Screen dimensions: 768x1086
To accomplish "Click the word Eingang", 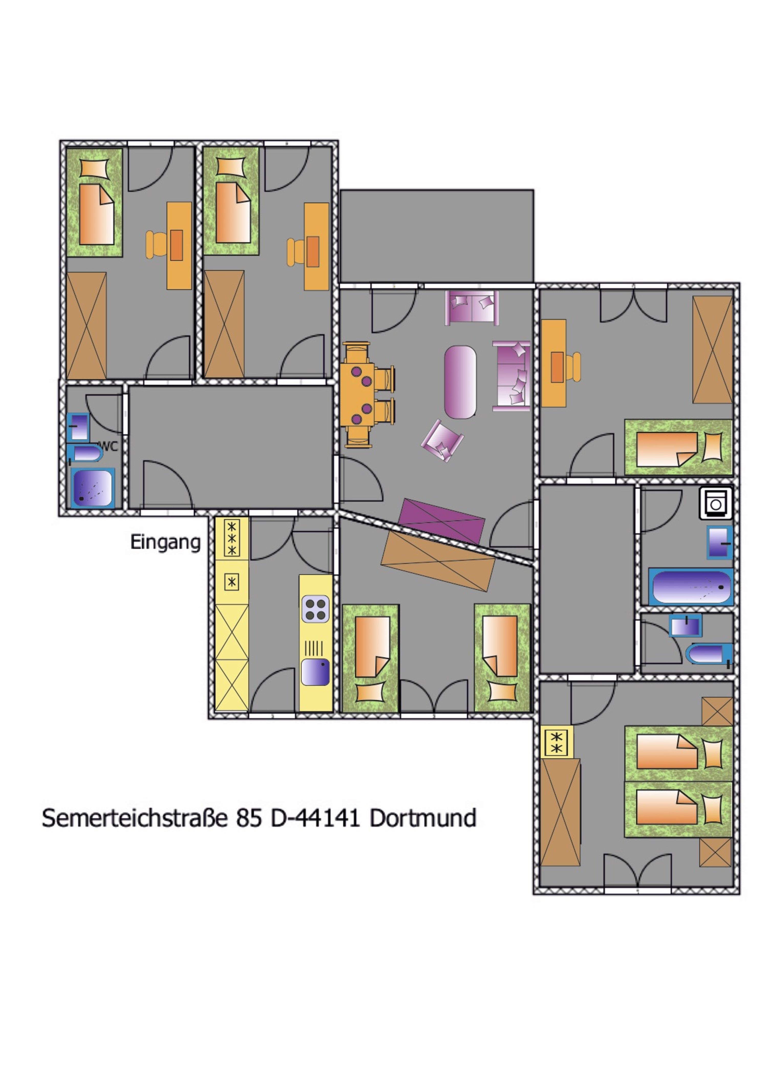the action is tap(166, 543).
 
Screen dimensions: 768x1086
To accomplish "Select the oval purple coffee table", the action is tap(460, 382).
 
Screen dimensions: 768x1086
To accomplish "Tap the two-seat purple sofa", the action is tap(472, 308).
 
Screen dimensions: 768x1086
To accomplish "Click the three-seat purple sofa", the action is tap(511, 376).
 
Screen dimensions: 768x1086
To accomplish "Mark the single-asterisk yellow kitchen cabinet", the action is tap(232, 582).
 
